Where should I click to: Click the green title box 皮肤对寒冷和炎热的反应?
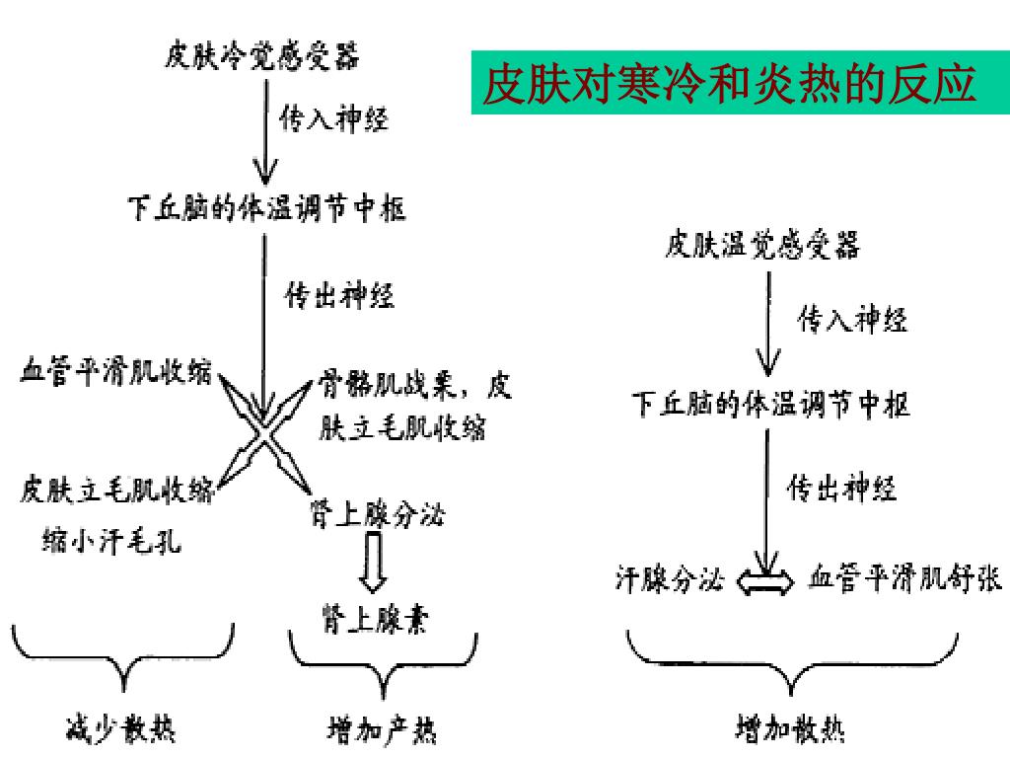click(x=730, y=84)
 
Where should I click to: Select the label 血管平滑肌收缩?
click(x=116, y=372)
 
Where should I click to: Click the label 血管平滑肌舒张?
click(x=904, y=578)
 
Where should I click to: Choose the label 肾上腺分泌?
click(x=378, y=514)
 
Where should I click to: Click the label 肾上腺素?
click(x=374, y=619)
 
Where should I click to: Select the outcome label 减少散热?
click(x=120, y=730)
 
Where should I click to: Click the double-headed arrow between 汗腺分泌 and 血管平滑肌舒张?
click(x=765, y=580)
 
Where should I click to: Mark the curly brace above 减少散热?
click(x=123, y=656)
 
